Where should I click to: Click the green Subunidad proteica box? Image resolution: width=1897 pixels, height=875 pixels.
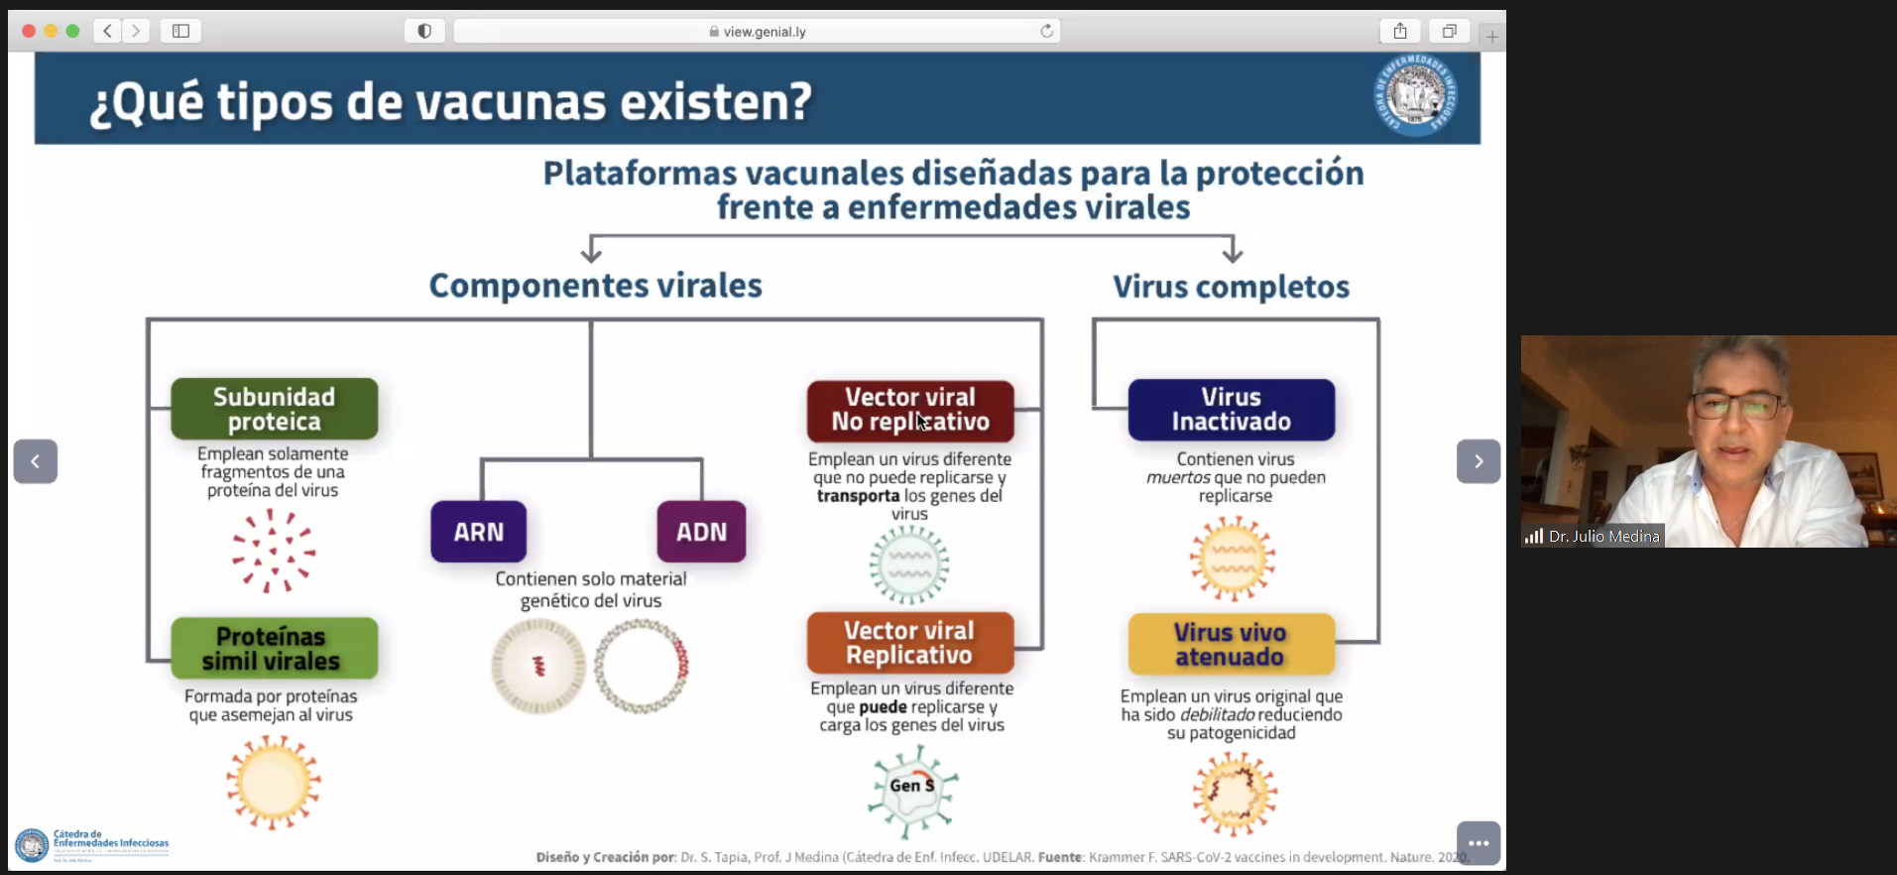pyautogui.click(x=274, y=409)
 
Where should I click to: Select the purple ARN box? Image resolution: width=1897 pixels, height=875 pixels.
pyautogui.click(x=478, y=532)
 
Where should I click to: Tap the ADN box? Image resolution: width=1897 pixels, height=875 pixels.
pyautogui.click(x=701, y=532)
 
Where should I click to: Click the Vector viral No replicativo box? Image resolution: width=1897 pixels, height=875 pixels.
pyautogui.click(x=909, y=410)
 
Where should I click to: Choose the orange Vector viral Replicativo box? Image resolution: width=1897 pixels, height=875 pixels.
pyautogui.click(x=909, y=643)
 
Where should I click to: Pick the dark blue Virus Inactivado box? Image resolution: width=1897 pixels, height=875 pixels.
pyautogui.click(x=1231, y=410)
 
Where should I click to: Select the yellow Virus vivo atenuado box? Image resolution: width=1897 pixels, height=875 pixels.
pyautogui.click(x=1231, y=645)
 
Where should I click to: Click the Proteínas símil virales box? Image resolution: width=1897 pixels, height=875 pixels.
pyautogui.click(x=274, y=649)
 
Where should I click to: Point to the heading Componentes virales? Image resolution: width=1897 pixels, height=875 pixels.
pyautogui.click(x=595, y=286)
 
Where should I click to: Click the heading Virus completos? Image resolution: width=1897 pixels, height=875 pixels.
pyautogui.click(x=1231, y=287)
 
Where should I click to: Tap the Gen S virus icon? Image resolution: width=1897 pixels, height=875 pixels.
pyautogui.click(x=912, y=791)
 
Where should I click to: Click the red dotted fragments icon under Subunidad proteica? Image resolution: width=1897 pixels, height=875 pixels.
pyautogui.click(x=273, y=552)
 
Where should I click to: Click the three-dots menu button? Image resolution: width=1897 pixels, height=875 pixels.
pyautogui.click(x=1478, y=843)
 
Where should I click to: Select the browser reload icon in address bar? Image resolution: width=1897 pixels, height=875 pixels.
pyautogui.click(x=1046, y=31)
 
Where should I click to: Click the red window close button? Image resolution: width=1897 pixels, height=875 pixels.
pyautogui.click(x=29, y=31)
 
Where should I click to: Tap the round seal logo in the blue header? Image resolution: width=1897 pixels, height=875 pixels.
pyautogui.click(x=1415, y=96)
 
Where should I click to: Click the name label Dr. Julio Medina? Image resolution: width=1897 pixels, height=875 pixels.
pyautogui.click(x=1602, y=537)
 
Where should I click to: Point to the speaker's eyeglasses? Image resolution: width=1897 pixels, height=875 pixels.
pyautogui.click(x=1735, y=405)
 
